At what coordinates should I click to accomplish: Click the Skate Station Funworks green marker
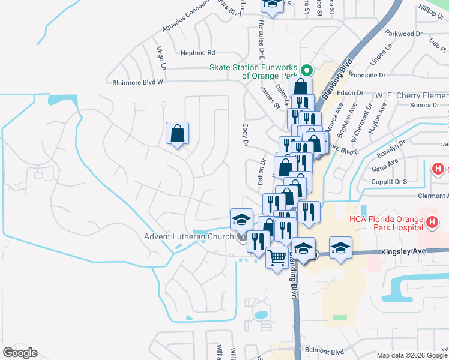click(304, 69)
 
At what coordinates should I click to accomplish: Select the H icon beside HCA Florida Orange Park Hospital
click(431, 224)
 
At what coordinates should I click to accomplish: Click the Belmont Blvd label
click(324, 352)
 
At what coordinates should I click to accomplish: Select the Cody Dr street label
click(245, 135)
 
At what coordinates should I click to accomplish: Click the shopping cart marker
click(277, 259)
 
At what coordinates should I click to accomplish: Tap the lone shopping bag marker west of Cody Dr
click(178, 134)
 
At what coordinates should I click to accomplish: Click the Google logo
click(19, 352)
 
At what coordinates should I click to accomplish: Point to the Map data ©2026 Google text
click(411, 355)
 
